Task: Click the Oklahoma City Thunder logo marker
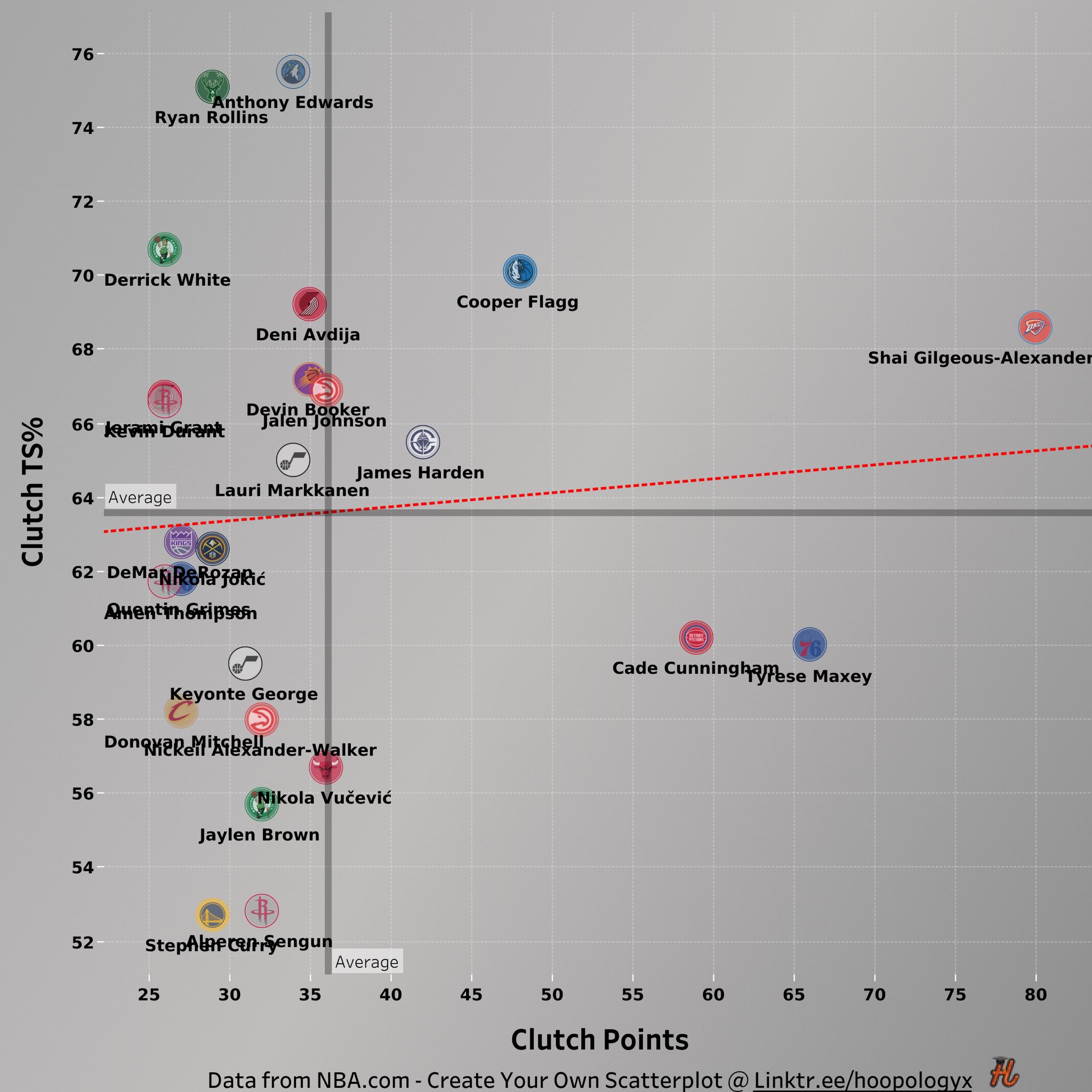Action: click(x=1035, y=327)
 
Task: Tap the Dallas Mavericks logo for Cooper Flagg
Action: click(x=519, y=271)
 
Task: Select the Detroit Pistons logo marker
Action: click(x=696, y=638)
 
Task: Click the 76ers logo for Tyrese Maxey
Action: click(x=809, y=644)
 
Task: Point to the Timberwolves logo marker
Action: click(x=293, y=72)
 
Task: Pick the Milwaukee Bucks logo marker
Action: click(x=212, y=87)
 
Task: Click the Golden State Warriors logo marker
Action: click(x=212, y=914)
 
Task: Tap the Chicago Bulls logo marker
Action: click(x=326, y=767)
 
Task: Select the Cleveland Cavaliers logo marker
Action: click(x=180, y=711)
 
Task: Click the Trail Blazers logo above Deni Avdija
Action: click(x=309, y=304)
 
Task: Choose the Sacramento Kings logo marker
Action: click(x=180, y=542)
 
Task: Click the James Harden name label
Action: click(x=420, y=472)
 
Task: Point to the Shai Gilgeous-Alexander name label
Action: click(x=979, y=358)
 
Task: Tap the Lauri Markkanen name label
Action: click(x=292, y=490)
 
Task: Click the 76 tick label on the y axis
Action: click(x=83, y=54)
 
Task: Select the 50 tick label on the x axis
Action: click(x=552, y=995)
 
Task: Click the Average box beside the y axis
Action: click(x=140, y=497)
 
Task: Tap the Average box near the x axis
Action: click(x=367, y=962)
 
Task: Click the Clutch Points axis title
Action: click(x=600, y=1040)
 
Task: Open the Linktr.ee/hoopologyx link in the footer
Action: click(x=862, y=1080)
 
